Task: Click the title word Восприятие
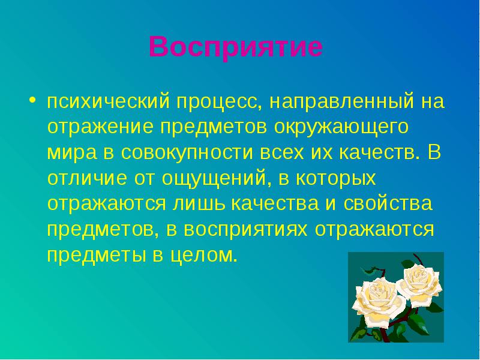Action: click(x=236, y=47)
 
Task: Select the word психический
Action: click(x=109, y=101)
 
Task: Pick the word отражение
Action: click(x=100, y=128)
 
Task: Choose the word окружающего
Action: click(x=341, y=128)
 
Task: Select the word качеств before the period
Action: click(x=377, y=152)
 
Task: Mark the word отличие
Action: click(x=87, y=178)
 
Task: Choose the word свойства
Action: click(x=388, y=203)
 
